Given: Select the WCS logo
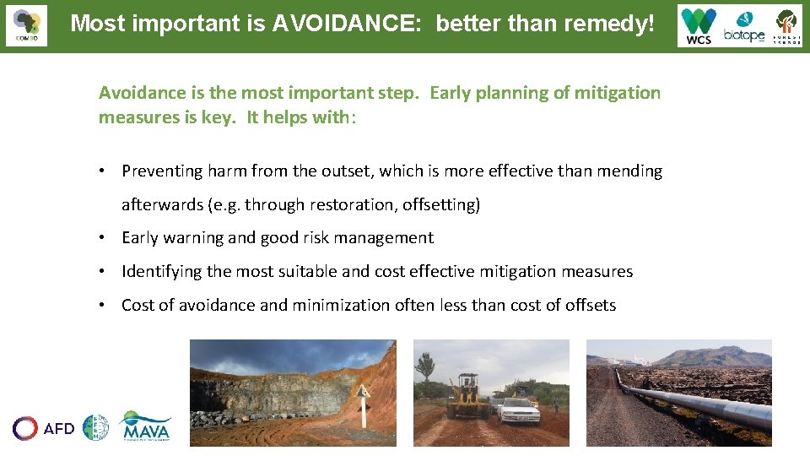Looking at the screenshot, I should pos(699,25).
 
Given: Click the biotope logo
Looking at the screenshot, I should pos(743,27).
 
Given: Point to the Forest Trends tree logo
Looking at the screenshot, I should pos(786,25).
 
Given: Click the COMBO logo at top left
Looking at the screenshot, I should pos(26,25).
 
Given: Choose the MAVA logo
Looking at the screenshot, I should pos(146,426).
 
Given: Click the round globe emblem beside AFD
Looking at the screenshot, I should pos(95,427).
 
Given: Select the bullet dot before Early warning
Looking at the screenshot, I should pos(102,238).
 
